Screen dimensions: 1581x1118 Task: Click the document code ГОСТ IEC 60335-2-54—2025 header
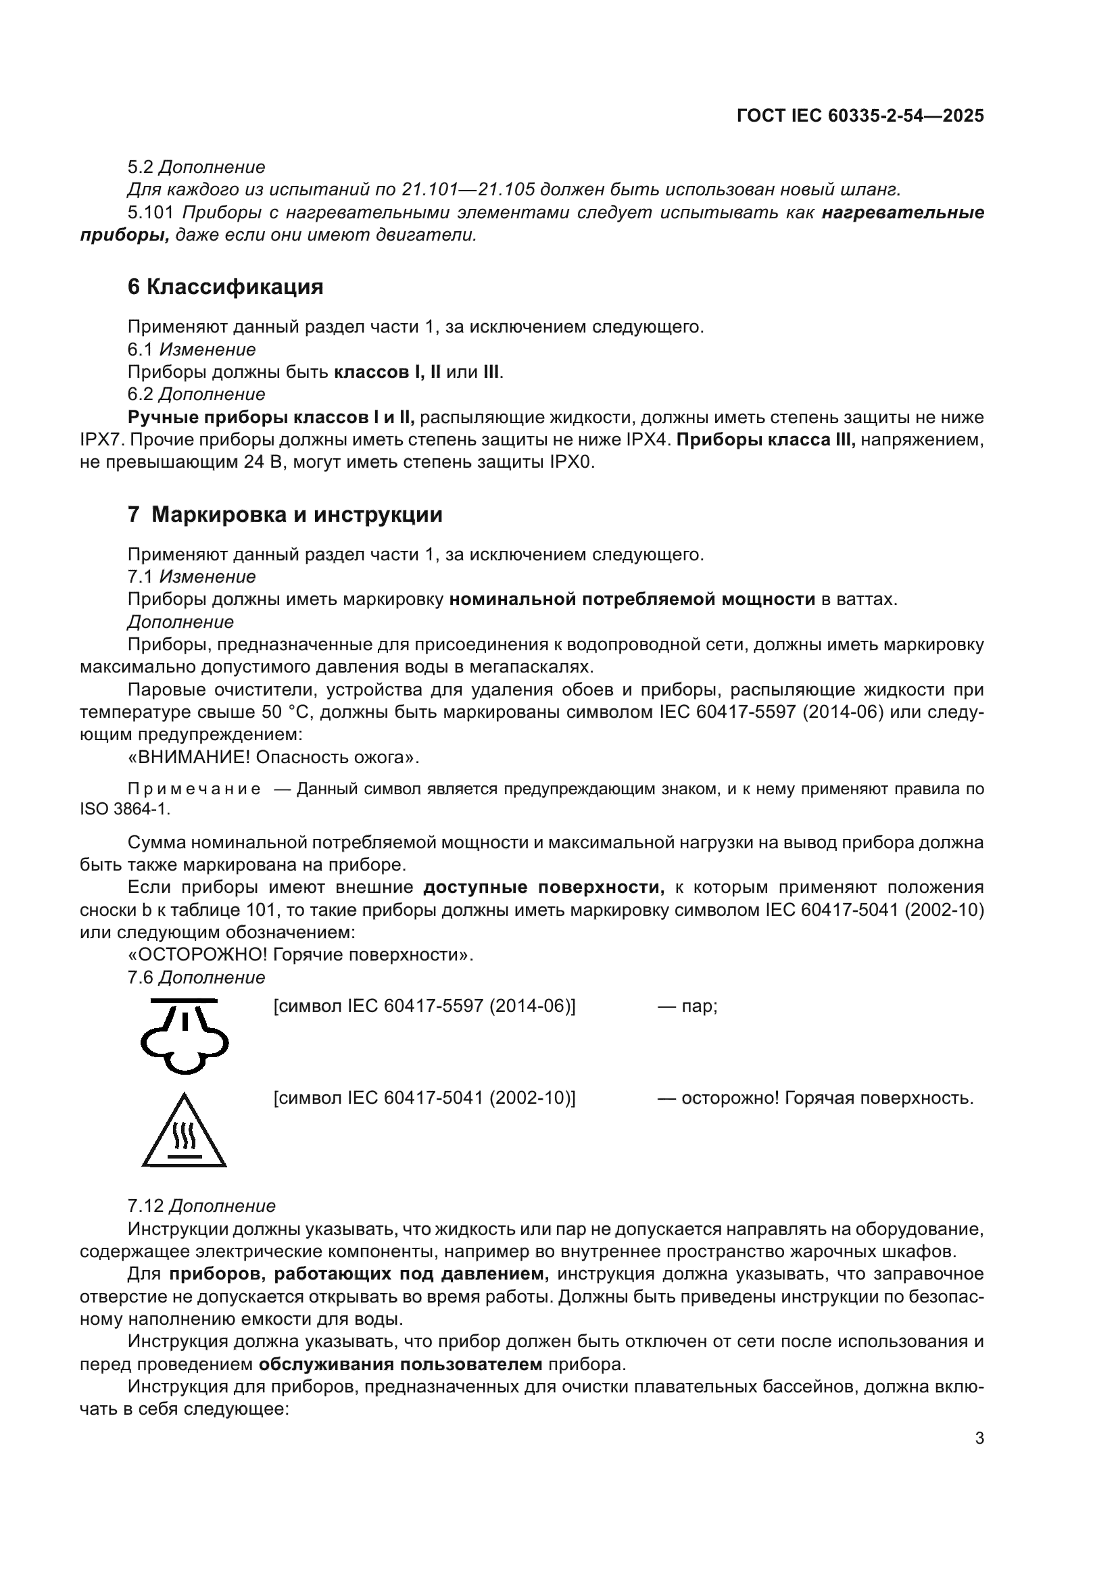(x=860, y=116)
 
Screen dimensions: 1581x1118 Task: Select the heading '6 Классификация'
(x=225, y=287)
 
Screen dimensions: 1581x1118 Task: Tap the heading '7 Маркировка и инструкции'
(x=285, y=514)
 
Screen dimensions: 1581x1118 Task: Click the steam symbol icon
(x=185, y=1034)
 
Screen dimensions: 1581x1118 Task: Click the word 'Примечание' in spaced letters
(x=194, y=789)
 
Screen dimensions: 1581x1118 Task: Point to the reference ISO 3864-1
(x=124, y=809)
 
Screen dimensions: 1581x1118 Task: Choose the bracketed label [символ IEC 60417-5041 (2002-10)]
(x=424, y=1098)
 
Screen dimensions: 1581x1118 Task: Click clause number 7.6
(x=141, y=977)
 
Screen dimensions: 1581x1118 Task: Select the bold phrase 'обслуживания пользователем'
(x=401, y=1364)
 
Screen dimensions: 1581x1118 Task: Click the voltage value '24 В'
(x=262, y=462)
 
